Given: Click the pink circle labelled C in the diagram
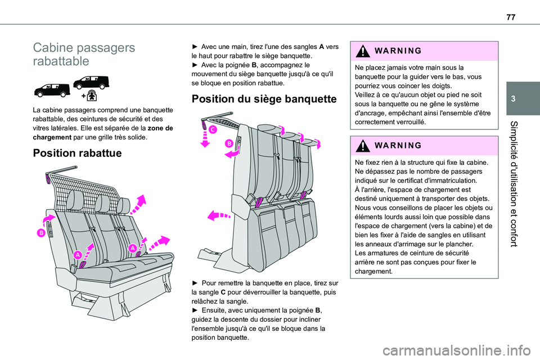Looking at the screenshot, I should click(x=212, y=130).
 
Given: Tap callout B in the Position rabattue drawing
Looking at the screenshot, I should click(x=41, y=232).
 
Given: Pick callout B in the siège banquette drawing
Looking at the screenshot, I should click(x=229, y=144).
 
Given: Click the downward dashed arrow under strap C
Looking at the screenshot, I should click(x=205, y=138).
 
